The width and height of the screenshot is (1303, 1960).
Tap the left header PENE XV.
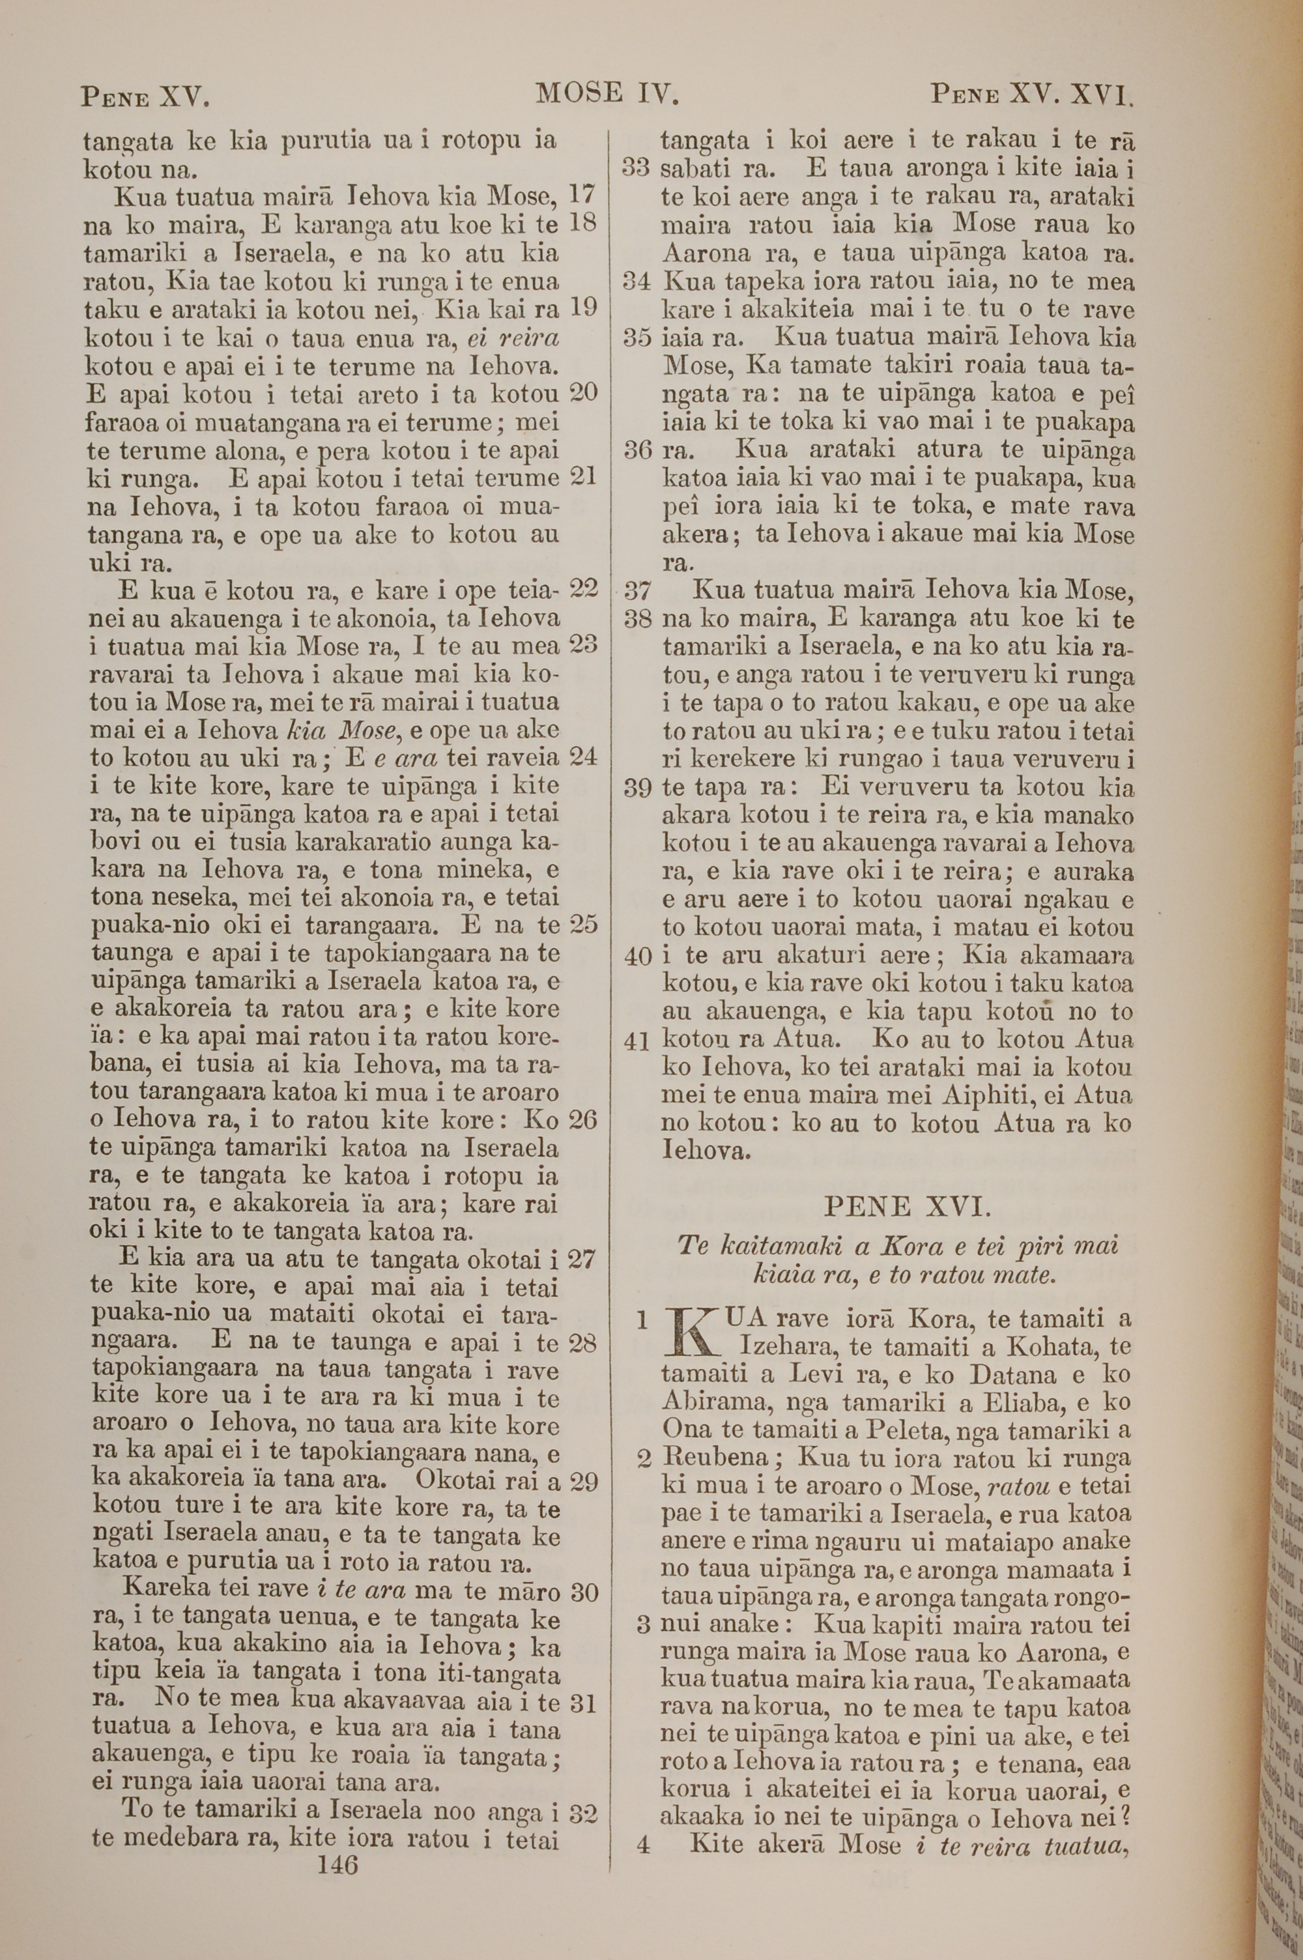pyautogui.click(x=145, y=96)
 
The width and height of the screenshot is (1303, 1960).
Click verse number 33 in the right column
pyautogui.click(x=636, y=169)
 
